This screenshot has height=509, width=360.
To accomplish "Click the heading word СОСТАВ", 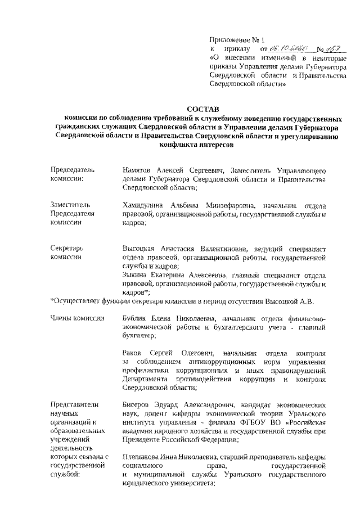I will pyautogui.click(x=204, y=108).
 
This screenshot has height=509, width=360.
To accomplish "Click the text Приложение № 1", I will pyautogui.click(x=232, y=40).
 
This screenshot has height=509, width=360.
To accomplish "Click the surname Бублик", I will pyautogui.click(x=134, y=319).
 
